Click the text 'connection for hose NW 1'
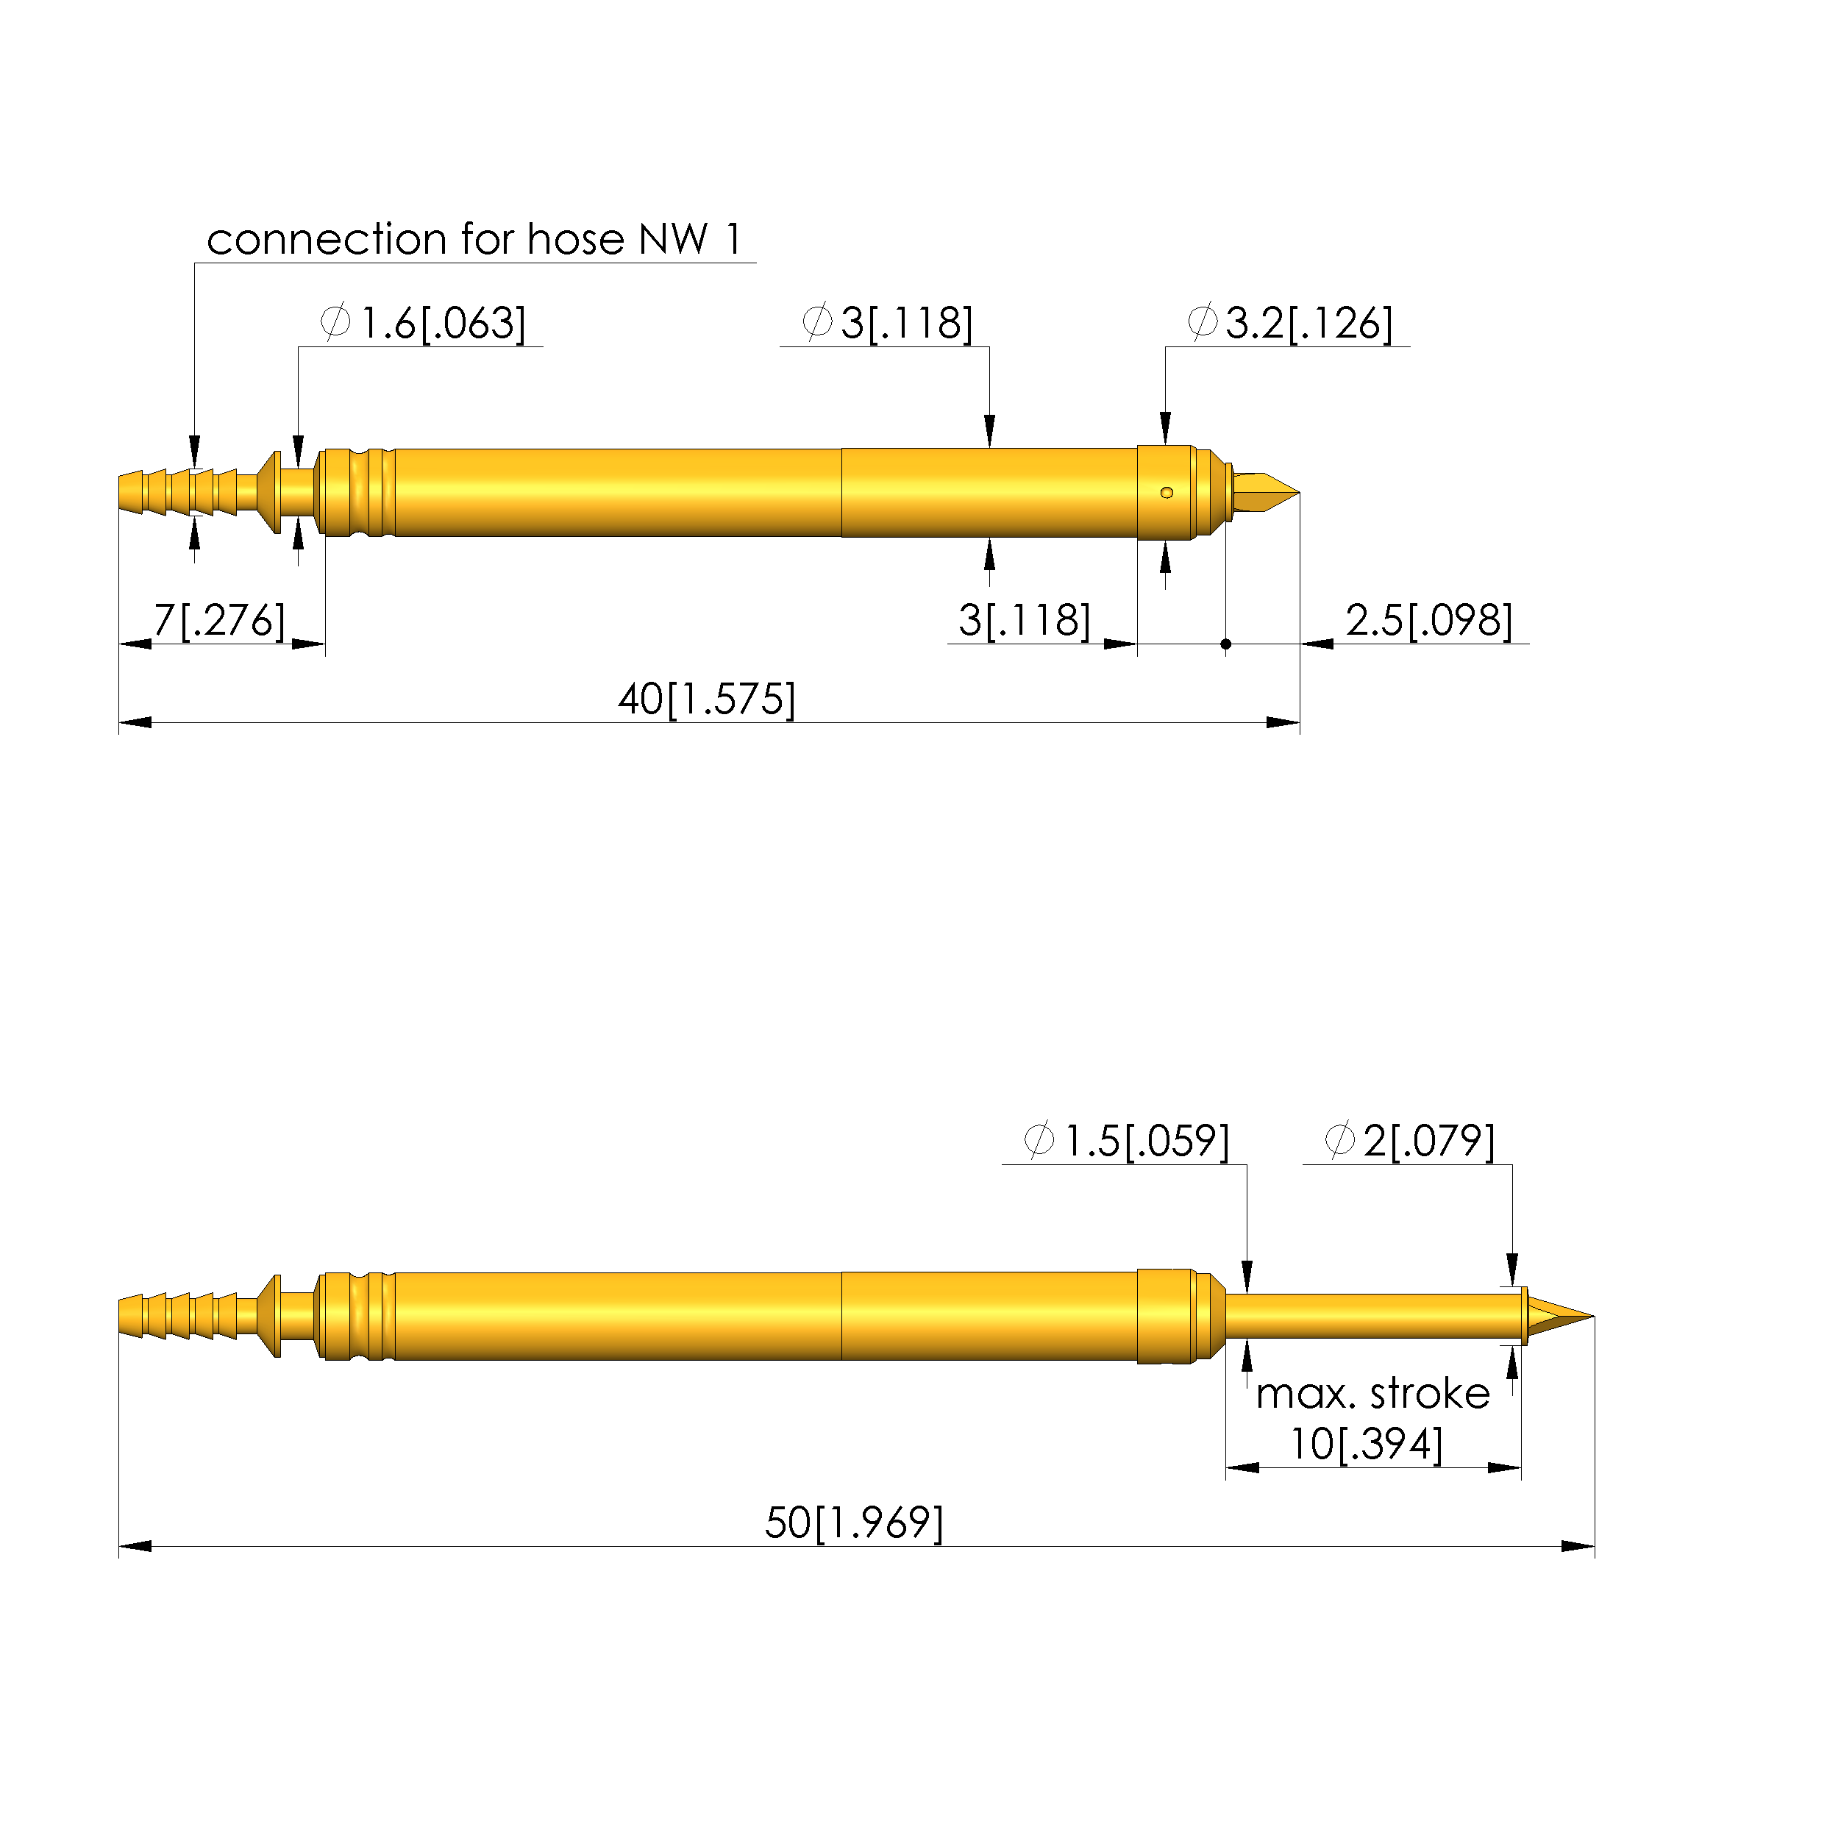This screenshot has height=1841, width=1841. coord(474,239)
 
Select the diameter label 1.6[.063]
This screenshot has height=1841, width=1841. coord(423,324)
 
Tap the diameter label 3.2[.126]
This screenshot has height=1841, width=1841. coord(1290,324)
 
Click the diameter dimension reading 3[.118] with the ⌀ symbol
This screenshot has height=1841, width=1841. coord(887,324)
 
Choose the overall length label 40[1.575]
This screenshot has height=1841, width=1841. coord(707,700)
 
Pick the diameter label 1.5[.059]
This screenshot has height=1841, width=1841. coord(1126,1142)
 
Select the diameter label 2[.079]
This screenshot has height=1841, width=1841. coord(1409,1142)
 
